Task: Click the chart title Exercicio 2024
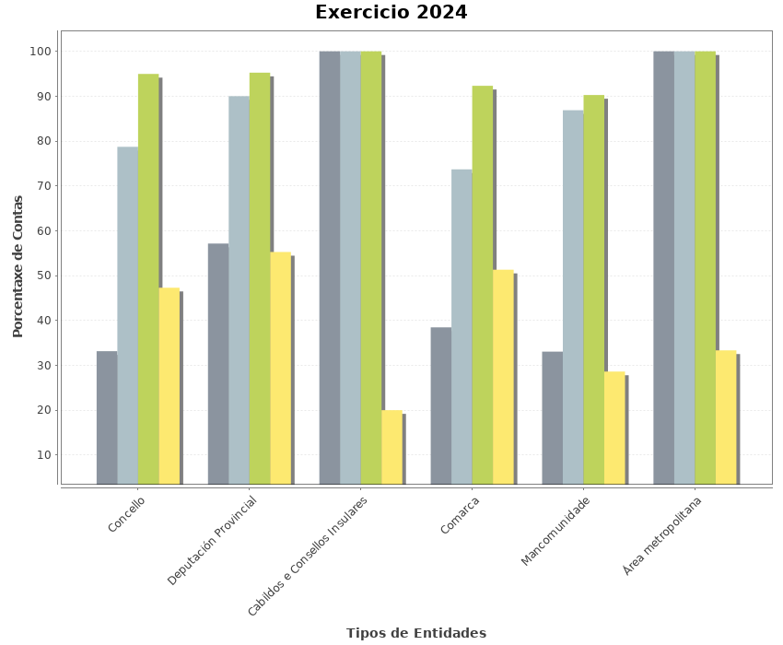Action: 391,13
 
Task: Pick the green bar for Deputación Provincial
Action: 260,277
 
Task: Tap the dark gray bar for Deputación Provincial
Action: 217,363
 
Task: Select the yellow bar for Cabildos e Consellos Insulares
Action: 392,447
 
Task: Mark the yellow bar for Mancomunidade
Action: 614,428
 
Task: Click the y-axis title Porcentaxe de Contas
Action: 18,265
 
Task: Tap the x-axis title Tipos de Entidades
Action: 416,633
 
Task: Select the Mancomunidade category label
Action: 555,531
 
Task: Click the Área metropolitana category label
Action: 662,535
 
